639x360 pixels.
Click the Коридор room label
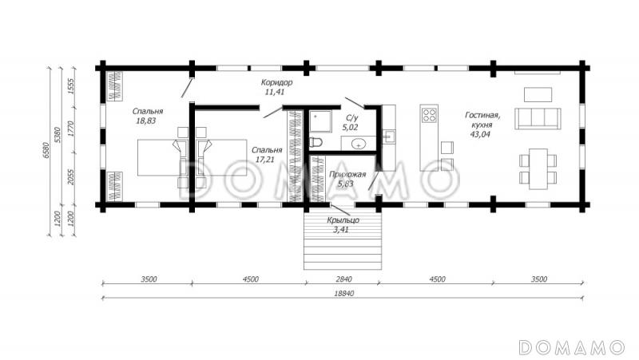pos(276,83)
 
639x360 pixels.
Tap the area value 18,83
pos(146,121)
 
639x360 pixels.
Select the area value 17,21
pos(265,160)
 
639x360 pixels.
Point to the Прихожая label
pos(347,174)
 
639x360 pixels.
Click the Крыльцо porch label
pos(343,220)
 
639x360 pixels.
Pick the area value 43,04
pos(480,134)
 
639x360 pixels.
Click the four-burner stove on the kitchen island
pos(429,114)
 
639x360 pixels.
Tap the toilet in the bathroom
pos(316,143)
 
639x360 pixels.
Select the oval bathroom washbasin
pos(359,144)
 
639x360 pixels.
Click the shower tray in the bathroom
pos(320,121)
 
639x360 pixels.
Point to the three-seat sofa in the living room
pos(538,118)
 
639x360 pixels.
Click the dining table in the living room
pos(538,169)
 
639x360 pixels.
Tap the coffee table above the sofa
pos(538,94)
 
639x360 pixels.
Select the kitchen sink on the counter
pos(389,136)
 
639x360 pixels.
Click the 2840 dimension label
pos(343,279)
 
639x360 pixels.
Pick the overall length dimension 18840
pos(344,293)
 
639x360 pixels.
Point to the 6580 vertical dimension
pos(46,149)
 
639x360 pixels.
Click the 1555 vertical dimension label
pos(72,86)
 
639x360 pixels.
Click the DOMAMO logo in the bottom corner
pos(572,347)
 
